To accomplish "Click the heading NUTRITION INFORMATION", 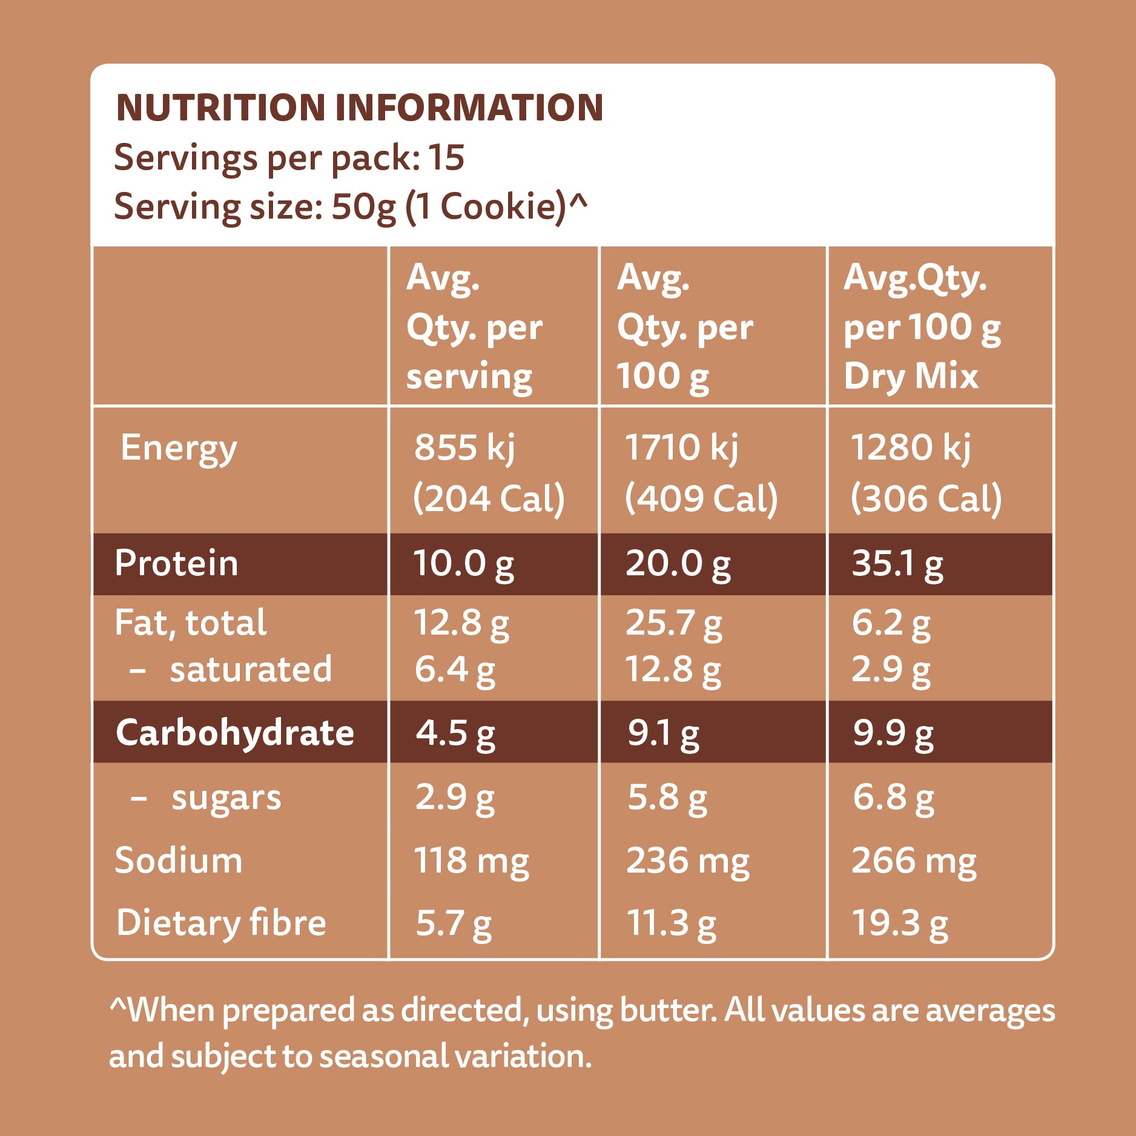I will [x=359, y=108].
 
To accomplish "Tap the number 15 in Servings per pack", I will [x=446, y=158].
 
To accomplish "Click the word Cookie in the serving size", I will [x=502, y=207].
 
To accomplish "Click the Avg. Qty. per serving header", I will [x=474, y=328].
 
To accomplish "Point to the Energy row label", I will [x=179, y=449].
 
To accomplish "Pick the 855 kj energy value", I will [x=464, y=449].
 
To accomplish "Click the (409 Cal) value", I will [x=701, y=500].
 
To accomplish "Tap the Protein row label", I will [x=176, y=564].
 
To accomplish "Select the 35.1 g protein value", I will [x=897, y=564].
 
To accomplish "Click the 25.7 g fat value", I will [x=673, y=623].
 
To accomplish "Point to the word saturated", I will [x=251, y=670].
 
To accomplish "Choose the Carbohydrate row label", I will [x=235, y=733].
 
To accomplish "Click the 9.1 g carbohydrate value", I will [x=663, y=733].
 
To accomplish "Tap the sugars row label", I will [x=226, y=798].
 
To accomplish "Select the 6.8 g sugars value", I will [x=893, y=798].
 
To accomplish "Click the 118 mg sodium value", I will [x=471, y=861].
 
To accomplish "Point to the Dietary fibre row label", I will [x=221, y=923].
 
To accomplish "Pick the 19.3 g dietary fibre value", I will [x=899, y=923].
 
